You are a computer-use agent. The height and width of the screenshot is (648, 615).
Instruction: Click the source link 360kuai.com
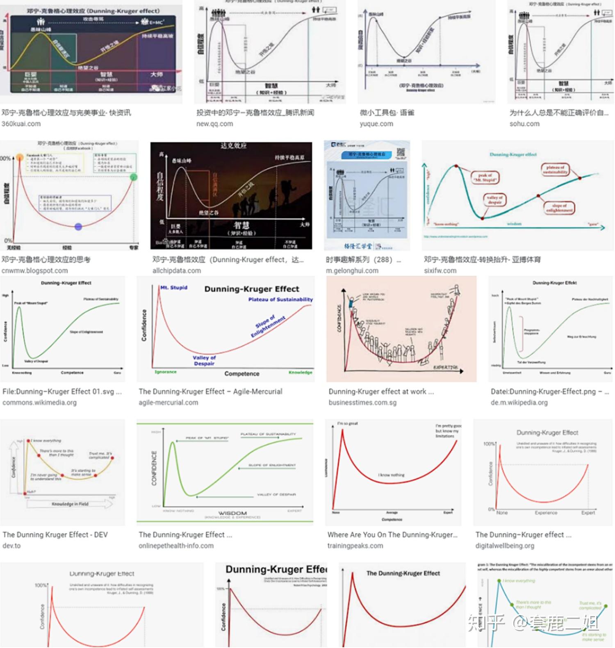pos(21,124)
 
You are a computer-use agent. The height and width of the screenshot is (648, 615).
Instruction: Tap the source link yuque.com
pos(376,124)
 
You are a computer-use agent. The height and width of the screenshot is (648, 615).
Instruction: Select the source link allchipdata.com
pos(176,271)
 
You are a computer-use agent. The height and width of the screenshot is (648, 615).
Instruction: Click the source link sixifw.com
pos(440,271)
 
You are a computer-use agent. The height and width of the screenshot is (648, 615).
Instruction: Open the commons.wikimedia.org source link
pos(39,402)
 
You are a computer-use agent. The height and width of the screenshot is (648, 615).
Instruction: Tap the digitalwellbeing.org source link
pos(505,546)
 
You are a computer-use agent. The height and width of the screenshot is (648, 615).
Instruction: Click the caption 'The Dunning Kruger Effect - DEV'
pos(55,534)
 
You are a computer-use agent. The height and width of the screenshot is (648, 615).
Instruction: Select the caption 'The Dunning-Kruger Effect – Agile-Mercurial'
pos(210,391)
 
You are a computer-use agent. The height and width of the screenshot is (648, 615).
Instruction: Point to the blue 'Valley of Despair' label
pos(204,360)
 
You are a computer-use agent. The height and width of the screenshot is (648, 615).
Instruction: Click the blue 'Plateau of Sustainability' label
pos(280,300)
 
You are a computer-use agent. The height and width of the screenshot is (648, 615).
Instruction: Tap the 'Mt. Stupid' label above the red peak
pos(173,288)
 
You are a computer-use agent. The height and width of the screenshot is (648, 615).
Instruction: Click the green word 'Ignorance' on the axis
pos(166,372)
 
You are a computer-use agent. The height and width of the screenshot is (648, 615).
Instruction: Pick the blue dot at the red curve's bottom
pos(78,226)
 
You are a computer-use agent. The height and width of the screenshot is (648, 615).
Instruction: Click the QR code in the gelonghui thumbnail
pos(401,152)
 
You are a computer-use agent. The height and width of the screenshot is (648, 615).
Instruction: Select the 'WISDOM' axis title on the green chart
pos(232,513)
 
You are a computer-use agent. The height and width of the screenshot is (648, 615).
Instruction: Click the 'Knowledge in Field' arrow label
pos(70,504)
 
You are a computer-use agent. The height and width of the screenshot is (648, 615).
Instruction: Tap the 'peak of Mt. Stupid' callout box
pos(485,177)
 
